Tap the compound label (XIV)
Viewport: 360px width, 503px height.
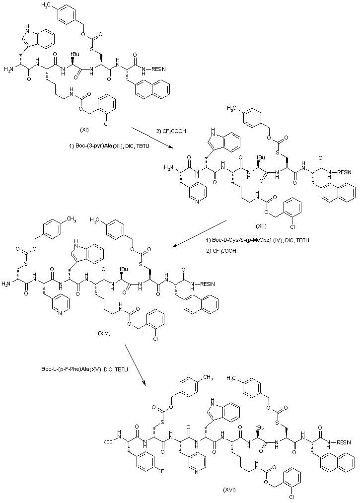(105, 334)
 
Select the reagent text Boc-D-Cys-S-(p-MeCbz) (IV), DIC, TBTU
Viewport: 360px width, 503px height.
(258, 241)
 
